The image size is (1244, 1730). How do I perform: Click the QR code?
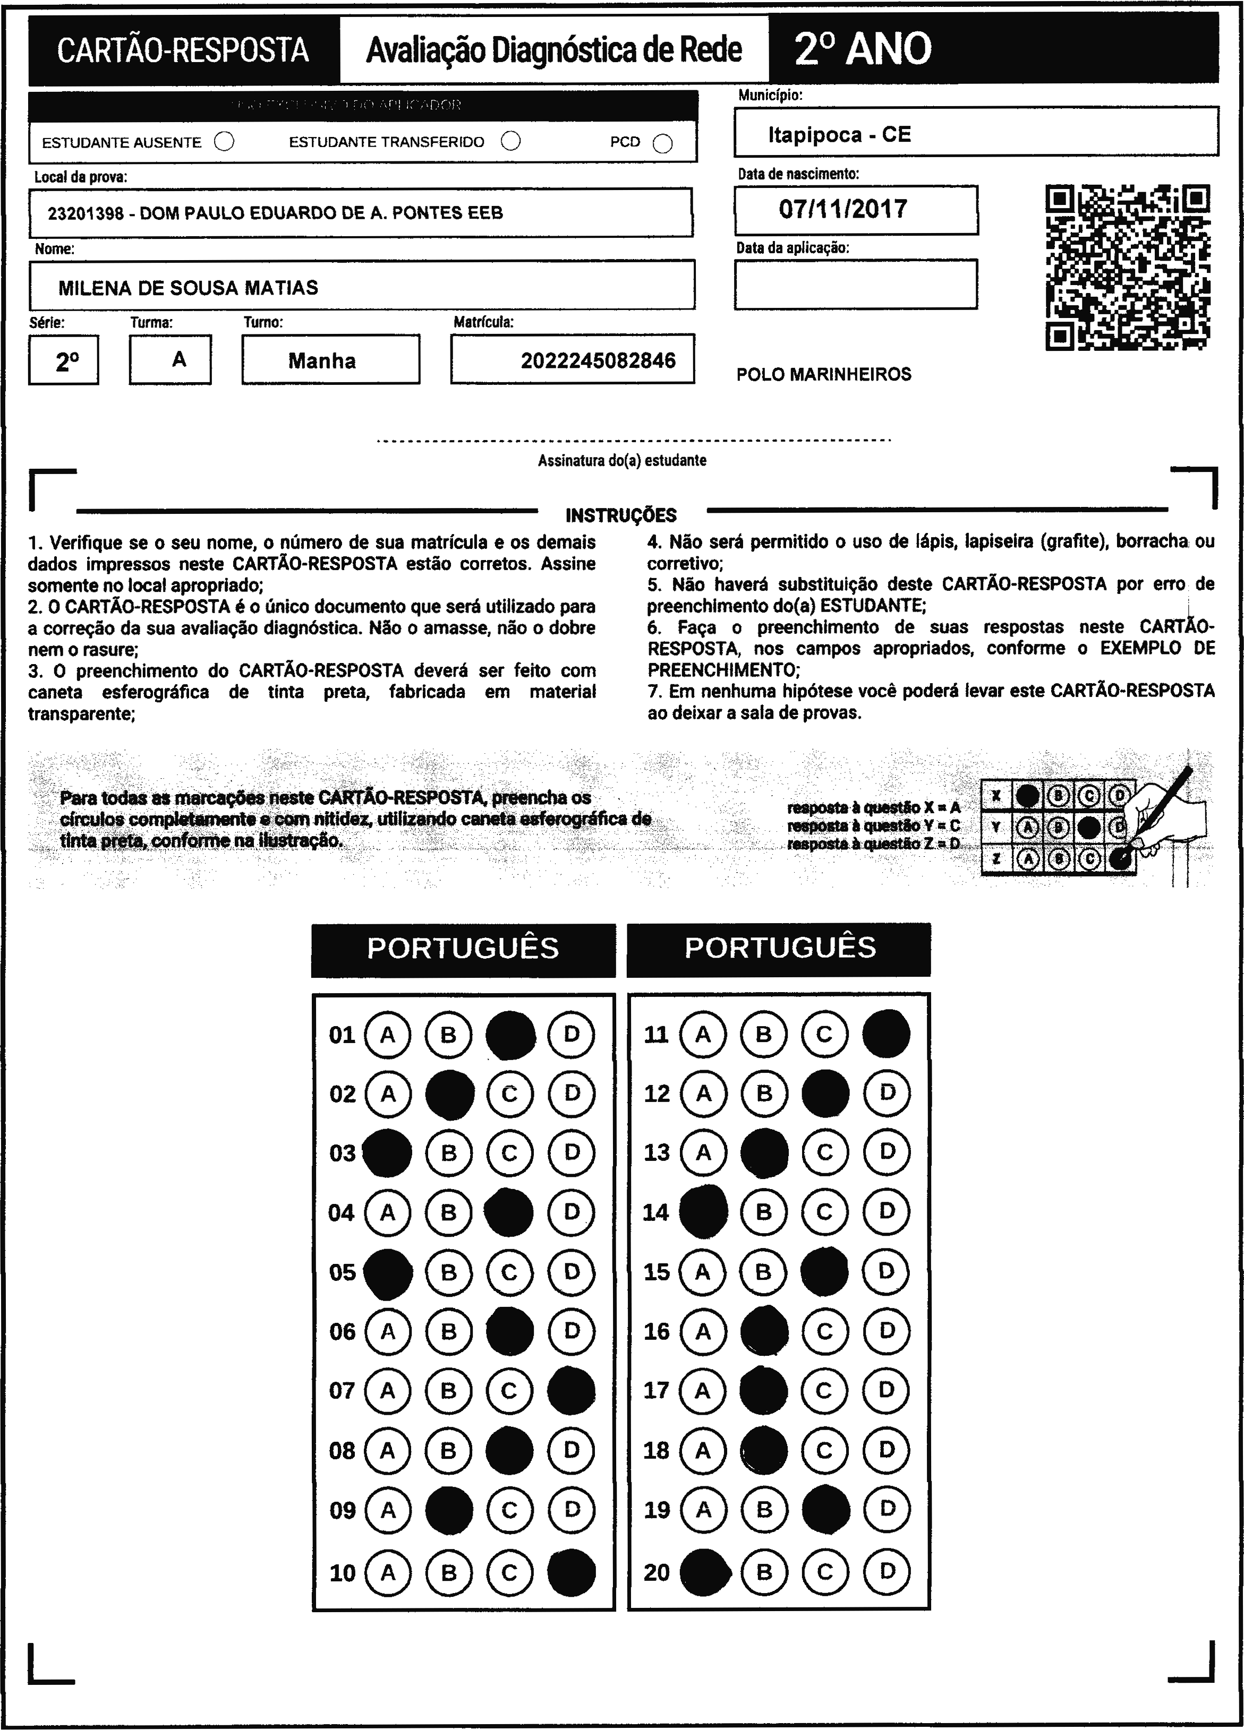(1127, 267)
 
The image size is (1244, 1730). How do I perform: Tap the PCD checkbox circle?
(662, 143)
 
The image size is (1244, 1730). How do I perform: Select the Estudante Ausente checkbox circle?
(224, 142)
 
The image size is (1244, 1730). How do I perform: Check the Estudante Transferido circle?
(510, 141)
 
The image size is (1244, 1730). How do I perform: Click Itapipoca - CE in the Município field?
(839, 135)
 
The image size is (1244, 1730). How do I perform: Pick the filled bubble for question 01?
(510, 1035)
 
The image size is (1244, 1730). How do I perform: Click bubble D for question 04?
(571, 1212)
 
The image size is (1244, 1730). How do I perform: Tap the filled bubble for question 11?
(885, 1035)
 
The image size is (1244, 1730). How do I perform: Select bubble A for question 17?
(702, 1391)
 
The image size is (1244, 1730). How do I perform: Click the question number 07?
(342, 1391)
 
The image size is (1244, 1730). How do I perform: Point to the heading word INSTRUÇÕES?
(620, 515)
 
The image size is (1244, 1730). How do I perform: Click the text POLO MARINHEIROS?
(823, 375)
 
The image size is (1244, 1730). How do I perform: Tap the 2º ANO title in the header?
(863, 49)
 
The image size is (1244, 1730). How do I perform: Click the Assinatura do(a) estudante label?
(621, 461)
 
